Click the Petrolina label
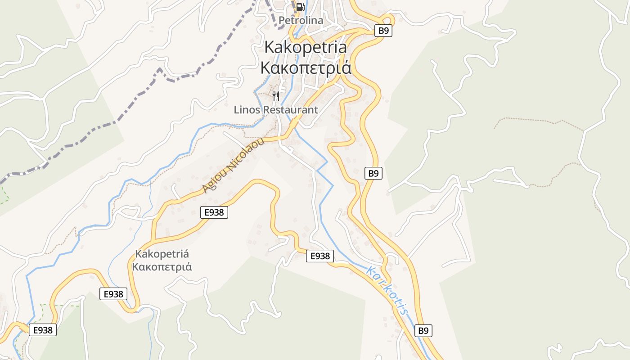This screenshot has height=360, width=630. click(301, 20)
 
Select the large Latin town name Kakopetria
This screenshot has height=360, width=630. click(306, 47)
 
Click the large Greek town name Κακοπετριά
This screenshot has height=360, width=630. click(306, 68)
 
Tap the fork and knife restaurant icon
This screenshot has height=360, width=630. click(276, 96)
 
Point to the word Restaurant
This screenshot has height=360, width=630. click(290, 109)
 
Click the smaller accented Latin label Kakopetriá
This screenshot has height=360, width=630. click(162, 253)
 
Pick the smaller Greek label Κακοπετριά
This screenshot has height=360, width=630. click(162, 267)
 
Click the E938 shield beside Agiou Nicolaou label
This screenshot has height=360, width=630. click(214, 212)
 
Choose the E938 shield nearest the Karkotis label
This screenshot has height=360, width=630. click(320, 256)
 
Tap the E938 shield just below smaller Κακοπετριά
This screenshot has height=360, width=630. click(113, 294)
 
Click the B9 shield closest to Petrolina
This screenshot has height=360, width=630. click(383, 31)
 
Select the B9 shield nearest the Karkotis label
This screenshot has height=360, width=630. click(423, 331)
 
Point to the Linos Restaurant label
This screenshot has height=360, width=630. click(276, 109)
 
